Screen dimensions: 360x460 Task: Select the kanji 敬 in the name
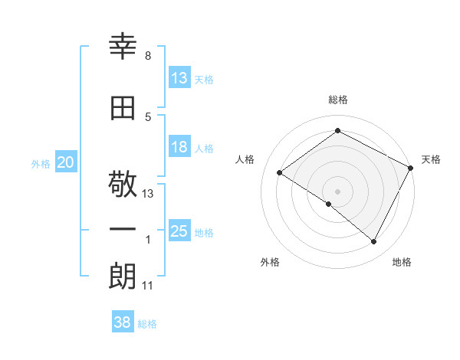pos(123,185)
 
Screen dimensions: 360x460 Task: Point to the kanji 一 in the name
pos(123,231)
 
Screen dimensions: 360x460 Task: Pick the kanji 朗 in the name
pos(123,277)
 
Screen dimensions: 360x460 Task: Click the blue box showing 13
pos(179,77)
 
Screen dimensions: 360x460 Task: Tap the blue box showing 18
pos(179,147)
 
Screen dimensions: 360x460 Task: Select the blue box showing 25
pos(179,231)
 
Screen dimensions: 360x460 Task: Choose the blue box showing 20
pos(66,162)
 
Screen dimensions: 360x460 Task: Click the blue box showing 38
pos(123,322)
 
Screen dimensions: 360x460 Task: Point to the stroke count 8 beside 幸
pos(147,56)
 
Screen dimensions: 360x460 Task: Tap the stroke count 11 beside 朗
pos(148,286)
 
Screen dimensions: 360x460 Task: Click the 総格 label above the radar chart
pos(337,100)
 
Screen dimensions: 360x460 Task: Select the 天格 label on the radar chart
pos(431,159)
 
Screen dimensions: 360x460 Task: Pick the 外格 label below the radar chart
pos(270,262)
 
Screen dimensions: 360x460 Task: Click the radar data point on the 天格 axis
pos(411,168)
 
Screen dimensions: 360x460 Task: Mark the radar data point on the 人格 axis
pos(280,172)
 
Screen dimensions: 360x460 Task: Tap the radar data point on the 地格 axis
pos(374,241)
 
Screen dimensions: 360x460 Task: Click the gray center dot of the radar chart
pos(337,191)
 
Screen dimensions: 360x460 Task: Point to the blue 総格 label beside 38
pos(147,324)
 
